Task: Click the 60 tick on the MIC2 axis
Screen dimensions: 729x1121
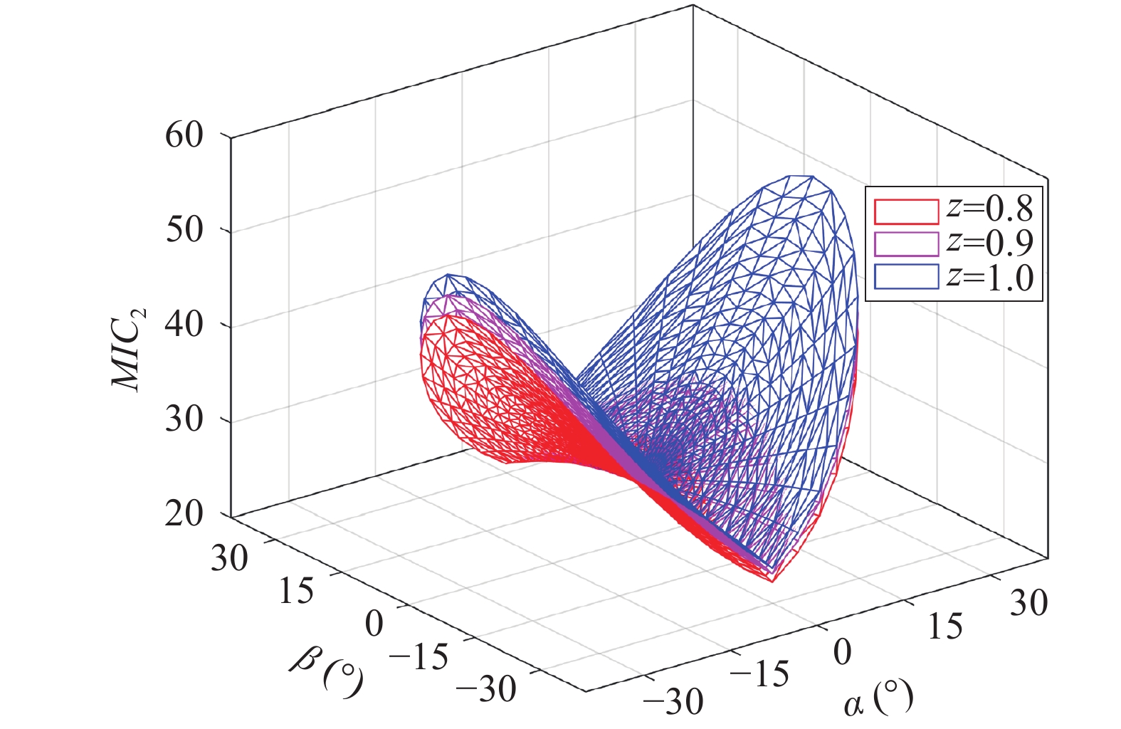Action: (x=184, y=135)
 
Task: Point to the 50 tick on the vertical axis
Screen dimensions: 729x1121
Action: (x=184, y=230)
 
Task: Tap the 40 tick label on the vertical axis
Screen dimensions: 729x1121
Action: (x=184, y=325)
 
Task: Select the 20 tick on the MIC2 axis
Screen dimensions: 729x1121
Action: (x=184, y=513)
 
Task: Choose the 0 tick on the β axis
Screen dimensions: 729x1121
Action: (x=374, y=624)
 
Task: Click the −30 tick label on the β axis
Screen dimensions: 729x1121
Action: (x=487, y=688)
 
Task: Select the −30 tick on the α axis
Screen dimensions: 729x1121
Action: (x=673, y=702)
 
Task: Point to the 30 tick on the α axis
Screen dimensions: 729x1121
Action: (x=1028, y=604)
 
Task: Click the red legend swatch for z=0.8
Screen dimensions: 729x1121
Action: (x=906, y=211)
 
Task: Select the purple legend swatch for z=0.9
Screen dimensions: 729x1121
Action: (x=906, y=243)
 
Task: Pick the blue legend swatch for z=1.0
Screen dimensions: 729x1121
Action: (x=906, y=277)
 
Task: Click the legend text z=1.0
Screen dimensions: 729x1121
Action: (x=990, y=277)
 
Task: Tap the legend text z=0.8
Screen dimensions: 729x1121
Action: (x=990, y=209)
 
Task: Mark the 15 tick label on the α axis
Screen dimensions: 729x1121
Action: (x=945, y=627)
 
